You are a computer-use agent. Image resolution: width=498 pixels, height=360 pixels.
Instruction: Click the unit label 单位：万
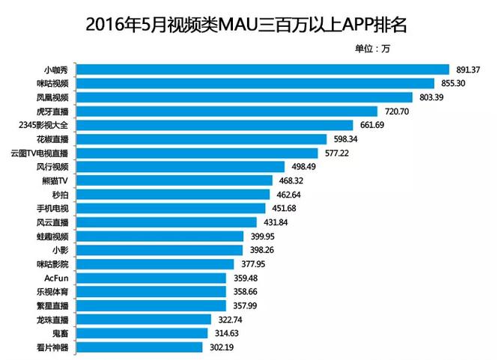(x=372, y=49)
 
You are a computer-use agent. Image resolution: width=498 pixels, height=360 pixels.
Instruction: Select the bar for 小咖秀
(x=263, y=70)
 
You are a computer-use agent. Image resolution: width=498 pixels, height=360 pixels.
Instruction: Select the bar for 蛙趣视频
(x=161, y=236)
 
